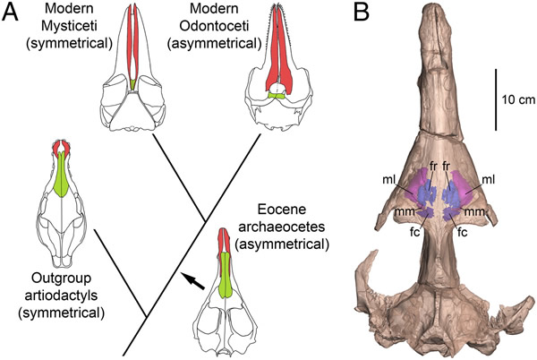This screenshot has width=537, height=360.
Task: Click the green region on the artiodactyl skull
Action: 61,175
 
